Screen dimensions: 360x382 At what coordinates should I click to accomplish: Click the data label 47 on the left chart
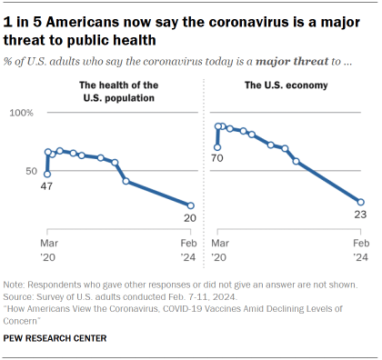[x=47, y=185]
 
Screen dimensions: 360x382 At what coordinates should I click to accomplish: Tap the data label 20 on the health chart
[x=190, y=218]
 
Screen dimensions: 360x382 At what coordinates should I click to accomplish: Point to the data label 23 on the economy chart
[x=360, y=215]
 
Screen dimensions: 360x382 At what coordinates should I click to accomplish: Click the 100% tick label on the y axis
[x=21, y=113]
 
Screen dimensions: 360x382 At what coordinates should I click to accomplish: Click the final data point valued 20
[x=190, y=205]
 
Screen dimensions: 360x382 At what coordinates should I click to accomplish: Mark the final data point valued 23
[x=361, y=202]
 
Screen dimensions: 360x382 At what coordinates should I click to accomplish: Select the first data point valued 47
[x=47, y=174]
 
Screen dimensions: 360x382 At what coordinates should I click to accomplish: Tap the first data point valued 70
[x=217, y=146]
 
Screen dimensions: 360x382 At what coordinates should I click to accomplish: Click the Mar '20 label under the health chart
[x=47, y=250]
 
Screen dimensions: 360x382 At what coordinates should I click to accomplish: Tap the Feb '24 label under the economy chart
[x=360, y=250]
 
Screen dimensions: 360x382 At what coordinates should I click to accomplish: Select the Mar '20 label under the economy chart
[x=218, y=250]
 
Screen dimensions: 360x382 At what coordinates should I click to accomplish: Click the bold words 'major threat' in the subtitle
[x=259, y=61]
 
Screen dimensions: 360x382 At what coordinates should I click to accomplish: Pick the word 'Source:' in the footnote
[x=19, y=296]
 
